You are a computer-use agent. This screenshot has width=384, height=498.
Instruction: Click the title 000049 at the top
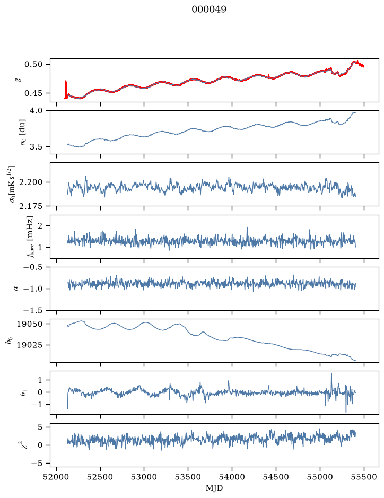[x=209, y=10]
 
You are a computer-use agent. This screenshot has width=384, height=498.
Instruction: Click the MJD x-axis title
[x=214, y=488]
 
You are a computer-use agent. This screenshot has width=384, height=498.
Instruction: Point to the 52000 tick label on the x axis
[x=57, y=477]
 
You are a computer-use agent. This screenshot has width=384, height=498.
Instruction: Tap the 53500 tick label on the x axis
[x=188, y=477]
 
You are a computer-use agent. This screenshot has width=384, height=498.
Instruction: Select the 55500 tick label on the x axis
[x=364, y=477]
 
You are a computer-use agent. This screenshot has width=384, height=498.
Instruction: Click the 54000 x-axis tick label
[x=232, y=477]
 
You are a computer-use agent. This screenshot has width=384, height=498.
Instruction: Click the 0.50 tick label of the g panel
[x=33, y=65]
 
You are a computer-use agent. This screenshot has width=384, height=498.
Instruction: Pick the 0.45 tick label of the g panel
[x=33, y=93]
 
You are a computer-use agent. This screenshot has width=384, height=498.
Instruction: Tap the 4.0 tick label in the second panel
[x=36, y=111]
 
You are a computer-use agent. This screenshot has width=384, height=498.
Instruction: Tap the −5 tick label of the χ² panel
[x=37, y=464]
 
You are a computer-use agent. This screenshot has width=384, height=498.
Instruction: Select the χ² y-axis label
[x=24, y=445]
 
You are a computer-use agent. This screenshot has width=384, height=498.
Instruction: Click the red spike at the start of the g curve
[x=66, y=90]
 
